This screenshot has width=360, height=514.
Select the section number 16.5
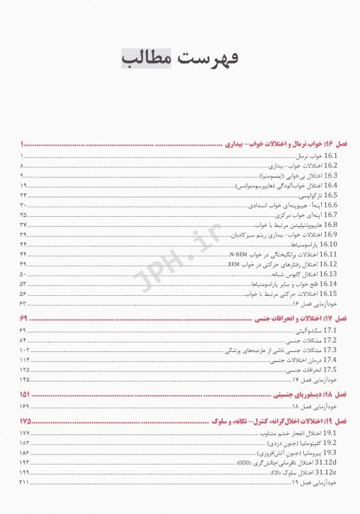pos(331,195)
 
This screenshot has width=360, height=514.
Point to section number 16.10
pos(329,245)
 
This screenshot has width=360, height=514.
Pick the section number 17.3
pos(330,350)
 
